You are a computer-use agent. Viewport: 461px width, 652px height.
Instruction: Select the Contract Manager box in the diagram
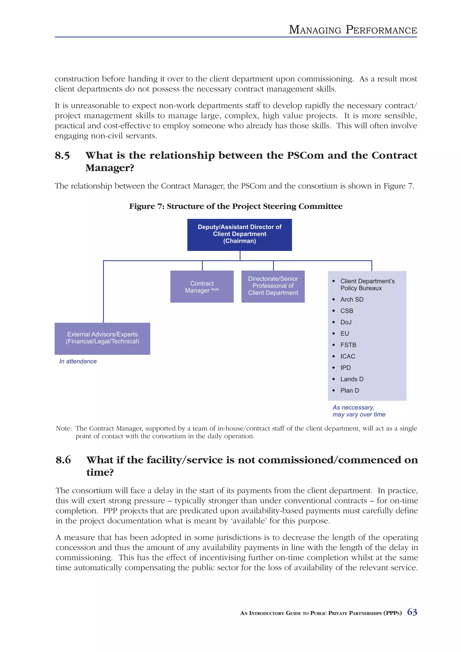[x=202, y=287]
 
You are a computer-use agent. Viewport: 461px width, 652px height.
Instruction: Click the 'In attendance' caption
[x=78, y=361]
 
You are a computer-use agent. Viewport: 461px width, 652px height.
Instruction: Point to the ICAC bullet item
[x=348, y=356]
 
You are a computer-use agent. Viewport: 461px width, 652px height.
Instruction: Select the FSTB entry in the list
[x=348, y=345]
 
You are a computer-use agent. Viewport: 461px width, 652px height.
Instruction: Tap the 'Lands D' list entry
[x=352, y=379]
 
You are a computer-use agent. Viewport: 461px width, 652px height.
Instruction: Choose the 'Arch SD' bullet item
[x=352, y=300]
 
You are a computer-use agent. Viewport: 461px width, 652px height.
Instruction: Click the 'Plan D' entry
[x=349, y=391]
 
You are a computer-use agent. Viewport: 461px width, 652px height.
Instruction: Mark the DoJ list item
[x=346, y=322]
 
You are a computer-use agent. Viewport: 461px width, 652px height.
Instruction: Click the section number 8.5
[x=62, y=156]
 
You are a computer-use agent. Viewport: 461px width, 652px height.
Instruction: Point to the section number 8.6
[x=63, y=460]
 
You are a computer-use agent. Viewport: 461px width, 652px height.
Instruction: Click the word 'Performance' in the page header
[x=381, y=30]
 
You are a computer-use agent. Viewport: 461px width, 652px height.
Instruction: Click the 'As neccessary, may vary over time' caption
[x=359, y=411]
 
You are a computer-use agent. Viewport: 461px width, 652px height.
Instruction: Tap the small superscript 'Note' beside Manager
[x=215, y=289]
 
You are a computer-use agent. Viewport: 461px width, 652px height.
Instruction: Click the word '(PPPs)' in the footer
[x=393, y=613]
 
